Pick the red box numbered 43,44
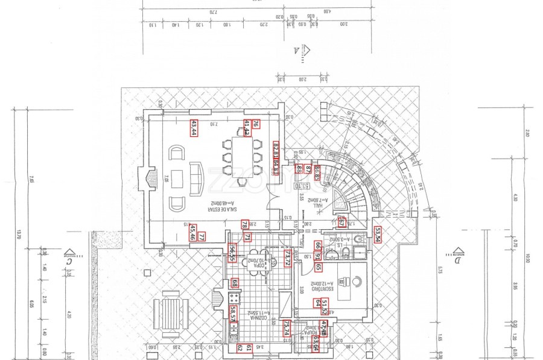pos(194,128)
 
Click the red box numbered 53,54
pos(378,234)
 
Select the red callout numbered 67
pos(341,222)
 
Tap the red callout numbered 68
pos(235,283)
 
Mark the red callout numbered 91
pos(317,256)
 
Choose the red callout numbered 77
pos(202,237)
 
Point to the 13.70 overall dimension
pos(19,235)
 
